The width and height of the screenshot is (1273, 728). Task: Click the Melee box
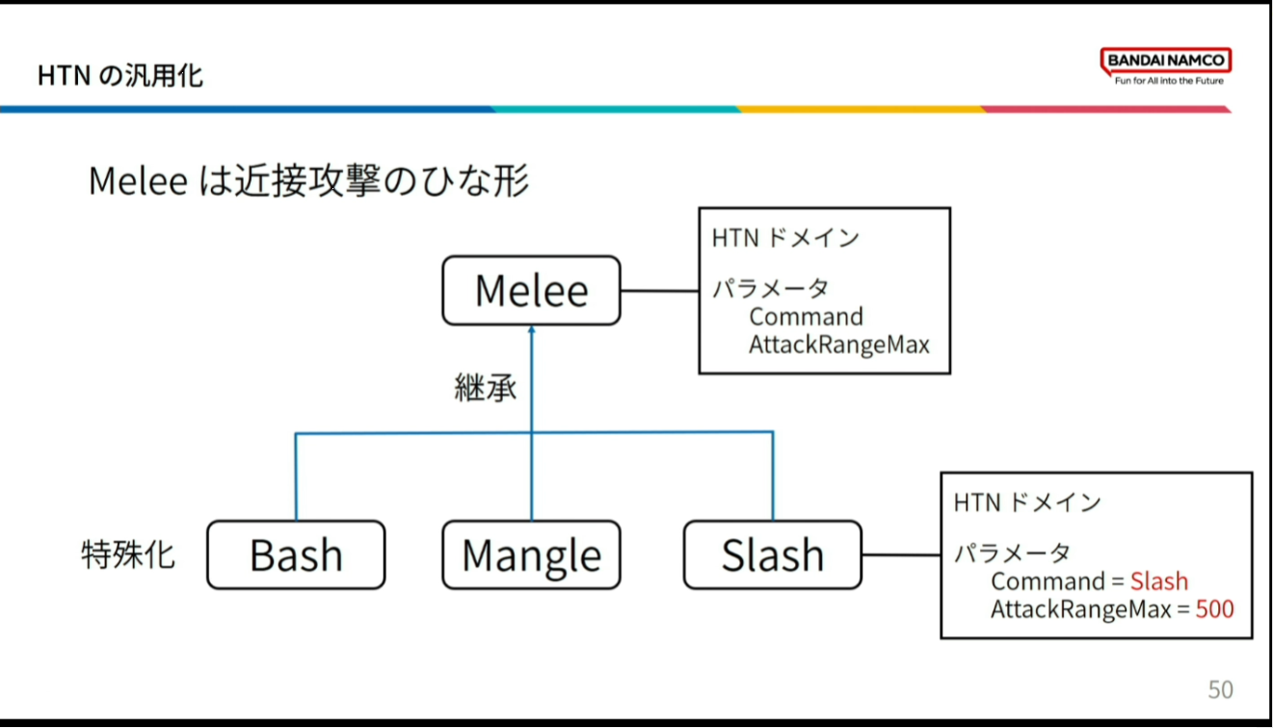pos(531,290)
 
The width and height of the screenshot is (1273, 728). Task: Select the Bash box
pos(296,555)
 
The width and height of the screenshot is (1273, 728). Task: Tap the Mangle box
pos(531,555)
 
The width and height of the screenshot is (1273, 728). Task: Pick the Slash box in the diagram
pos(773,555)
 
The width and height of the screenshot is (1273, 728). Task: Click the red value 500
pos(1214,608)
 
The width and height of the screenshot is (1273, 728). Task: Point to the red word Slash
pos(1159,581)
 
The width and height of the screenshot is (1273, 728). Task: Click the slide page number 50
pos(1220,689)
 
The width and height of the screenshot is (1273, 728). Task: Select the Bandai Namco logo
pos(1166,61)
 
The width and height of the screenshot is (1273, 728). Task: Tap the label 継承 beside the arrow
pos(486,388)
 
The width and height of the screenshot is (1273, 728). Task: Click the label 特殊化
pos(128,555)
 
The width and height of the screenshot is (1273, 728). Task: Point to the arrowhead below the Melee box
pos(531,333)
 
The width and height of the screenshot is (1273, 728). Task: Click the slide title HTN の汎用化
pos(120,75)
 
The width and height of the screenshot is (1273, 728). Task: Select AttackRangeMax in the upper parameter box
pos(838,344)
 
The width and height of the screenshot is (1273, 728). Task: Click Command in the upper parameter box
pos(806,316)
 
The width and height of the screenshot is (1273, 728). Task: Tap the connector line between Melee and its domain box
pos(660,290)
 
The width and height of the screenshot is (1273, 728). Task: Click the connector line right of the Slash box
pos(901,555)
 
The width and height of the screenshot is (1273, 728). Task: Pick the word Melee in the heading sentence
pos(138,181)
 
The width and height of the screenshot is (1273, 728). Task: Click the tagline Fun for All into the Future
pos(1169,81)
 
